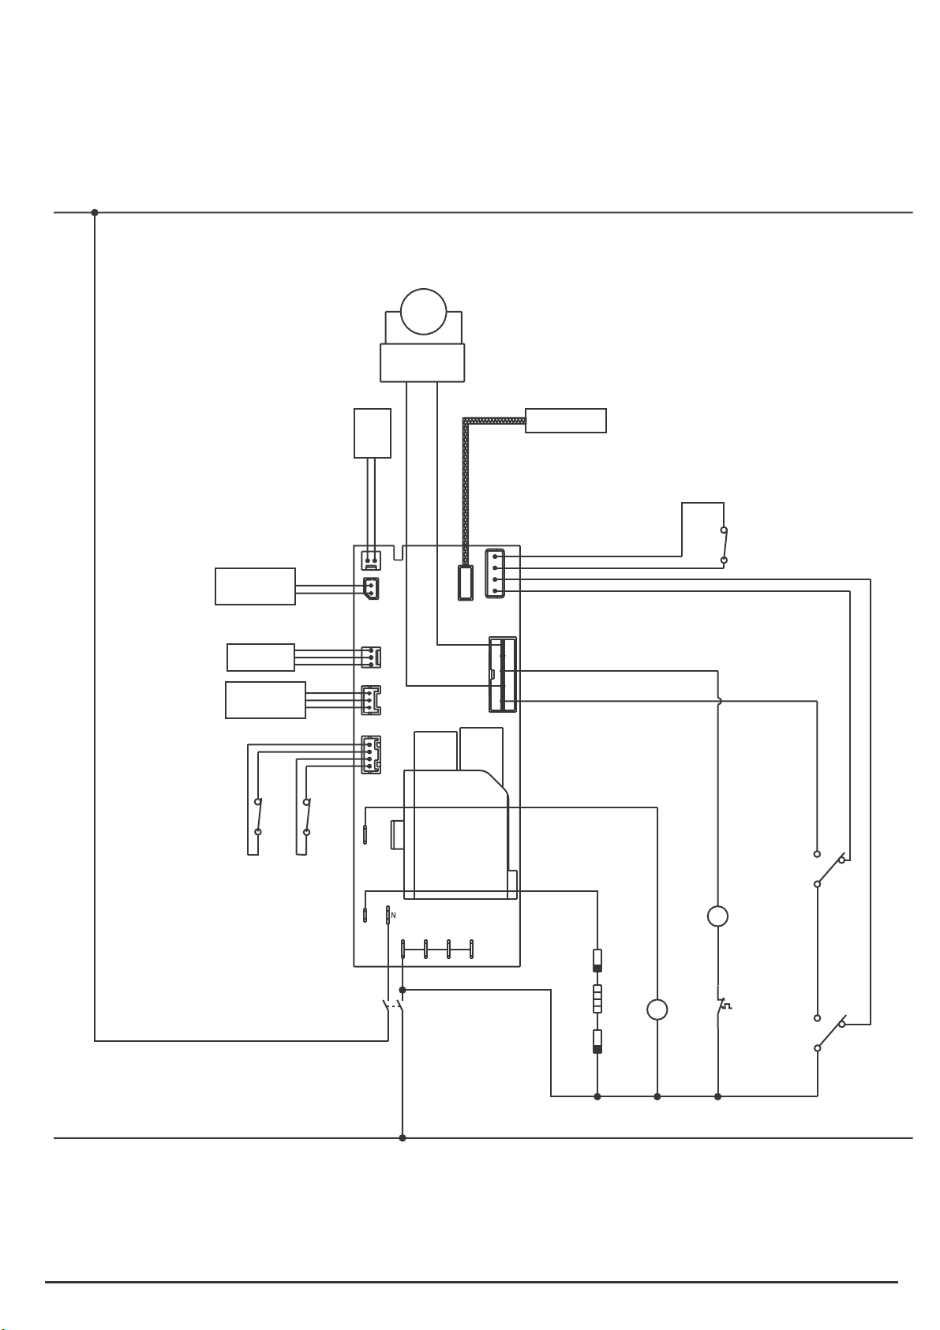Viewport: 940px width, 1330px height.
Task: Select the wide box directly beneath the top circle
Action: [x=422, y=362]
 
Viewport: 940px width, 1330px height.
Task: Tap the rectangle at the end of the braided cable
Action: [x=565, y=421]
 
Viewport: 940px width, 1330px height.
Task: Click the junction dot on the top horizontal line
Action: [x=95, y=212]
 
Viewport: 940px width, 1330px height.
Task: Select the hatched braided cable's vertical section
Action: [x=466, y=493]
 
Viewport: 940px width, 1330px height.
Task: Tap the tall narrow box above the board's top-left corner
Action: [x=373, y=433]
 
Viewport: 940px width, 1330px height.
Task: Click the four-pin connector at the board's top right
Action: [x=495, y=573]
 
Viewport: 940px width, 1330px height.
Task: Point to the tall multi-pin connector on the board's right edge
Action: [x=503, y=674]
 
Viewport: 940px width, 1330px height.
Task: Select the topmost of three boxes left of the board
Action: [x=256, y=586]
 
